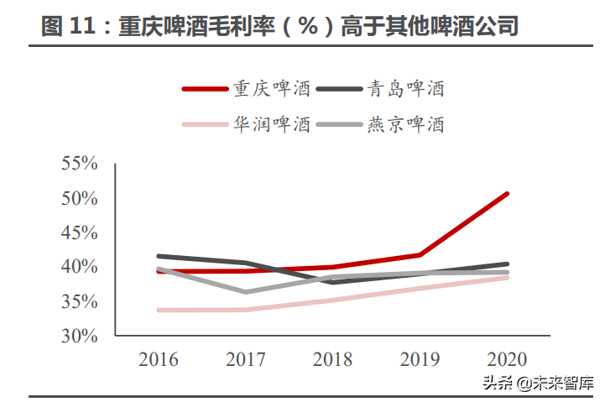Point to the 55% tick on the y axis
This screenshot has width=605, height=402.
pos(80,164)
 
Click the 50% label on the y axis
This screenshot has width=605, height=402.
pos(80,198)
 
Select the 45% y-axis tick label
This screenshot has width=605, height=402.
pos(80,232)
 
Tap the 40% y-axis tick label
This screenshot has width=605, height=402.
pos(80,267)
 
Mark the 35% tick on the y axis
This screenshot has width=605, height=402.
pos(80,301)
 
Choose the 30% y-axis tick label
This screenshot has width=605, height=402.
pos(80,336)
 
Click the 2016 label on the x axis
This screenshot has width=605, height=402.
pos(159,360)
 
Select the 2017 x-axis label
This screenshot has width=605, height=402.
pos(245,360)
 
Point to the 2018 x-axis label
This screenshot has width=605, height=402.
pos(332,360)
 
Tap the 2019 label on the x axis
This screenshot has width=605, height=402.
pos(420,360)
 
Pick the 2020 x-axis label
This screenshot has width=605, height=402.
pos(506,360)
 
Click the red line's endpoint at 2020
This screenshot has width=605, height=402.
pos(506,194)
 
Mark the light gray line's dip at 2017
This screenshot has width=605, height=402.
pos(245,292)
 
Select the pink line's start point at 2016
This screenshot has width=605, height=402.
pos(159,310)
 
